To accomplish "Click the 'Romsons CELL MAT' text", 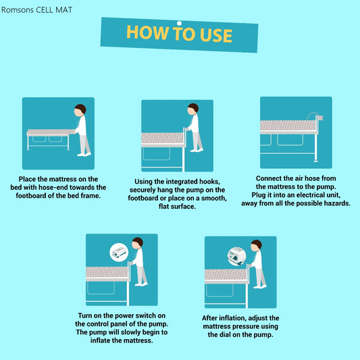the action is pos(36,10).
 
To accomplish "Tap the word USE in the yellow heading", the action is pos(216,35).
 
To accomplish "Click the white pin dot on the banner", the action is pos(179,23).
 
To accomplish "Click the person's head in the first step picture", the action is pos(80,109).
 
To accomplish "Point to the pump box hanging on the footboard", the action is pos(320,118).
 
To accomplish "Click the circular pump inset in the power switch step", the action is pos(119,252).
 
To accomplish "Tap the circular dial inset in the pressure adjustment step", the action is pos(236,256).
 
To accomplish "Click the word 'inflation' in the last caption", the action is pos(232,318).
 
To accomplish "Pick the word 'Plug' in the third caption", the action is pos(258,195).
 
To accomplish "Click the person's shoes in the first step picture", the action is pos(84,154).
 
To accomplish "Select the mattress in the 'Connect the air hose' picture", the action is pos(288,126).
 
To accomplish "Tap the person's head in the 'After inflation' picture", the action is pos(256,246).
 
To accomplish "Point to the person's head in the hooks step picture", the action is pos(193,109).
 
